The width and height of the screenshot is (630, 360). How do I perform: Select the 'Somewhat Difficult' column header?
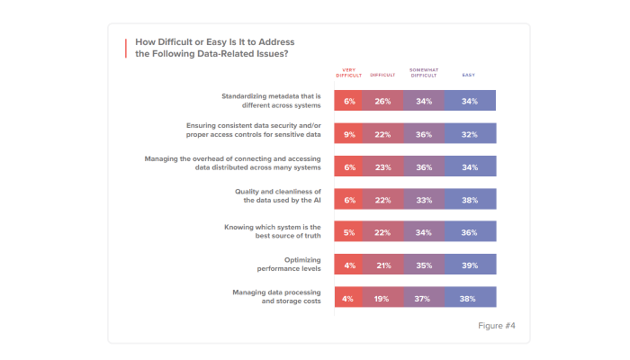click(423, 73)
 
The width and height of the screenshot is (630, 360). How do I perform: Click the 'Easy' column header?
click(469, 73)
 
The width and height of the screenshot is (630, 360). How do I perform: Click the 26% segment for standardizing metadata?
click(382, 101)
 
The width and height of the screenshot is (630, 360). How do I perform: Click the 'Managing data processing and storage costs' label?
click(278, 296)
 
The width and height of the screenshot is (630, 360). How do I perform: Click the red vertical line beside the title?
click(126, 48)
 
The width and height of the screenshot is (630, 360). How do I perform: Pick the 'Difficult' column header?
click(382, 75)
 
